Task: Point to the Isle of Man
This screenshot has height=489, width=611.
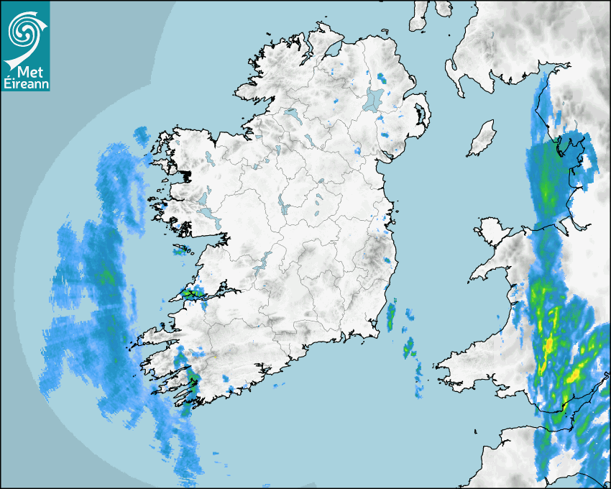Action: pyautogui.click(x=482, y=138)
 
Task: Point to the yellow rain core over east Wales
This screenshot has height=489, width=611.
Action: pyautogui.click(x=548, y=346)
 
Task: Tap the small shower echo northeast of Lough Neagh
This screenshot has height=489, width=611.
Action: pyautogui.click(x=381, y=77)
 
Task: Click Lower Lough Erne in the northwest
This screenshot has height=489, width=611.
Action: pyautogui.click(x=291, y=114)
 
